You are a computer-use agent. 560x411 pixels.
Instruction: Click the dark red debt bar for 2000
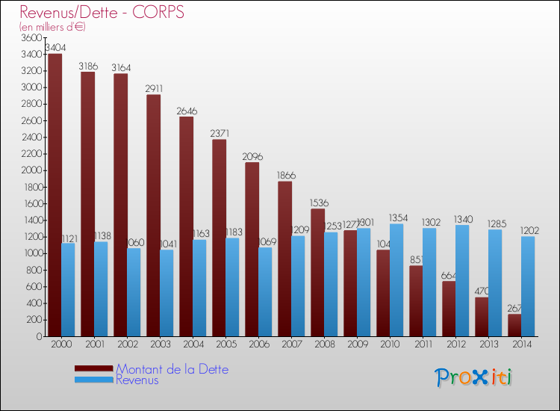click(54, 194)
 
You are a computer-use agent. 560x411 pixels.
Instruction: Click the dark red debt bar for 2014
click(514, 325)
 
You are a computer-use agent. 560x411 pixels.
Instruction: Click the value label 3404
click(54, 48)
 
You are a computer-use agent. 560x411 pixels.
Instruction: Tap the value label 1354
click(399, 217)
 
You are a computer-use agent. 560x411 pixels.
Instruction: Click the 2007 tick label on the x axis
click(291, 344)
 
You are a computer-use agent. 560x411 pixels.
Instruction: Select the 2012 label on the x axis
click(455, 344)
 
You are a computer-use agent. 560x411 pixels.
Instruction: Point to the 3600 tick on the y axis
click(31, 37)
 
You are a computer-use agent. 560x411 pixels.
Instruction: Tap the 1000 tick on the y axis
click(31, 253)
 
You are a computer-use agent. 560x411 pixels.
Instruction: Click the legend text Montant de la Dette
click(172, 369)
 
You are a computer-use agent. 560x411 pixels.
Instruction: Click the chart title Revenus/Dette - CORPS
click(102, 13)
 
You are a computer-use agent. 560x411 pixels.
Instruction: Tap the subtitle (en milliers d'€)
click(52, 27)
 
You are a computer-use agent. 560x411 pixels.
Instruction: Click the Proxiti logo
click(473, 377)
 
